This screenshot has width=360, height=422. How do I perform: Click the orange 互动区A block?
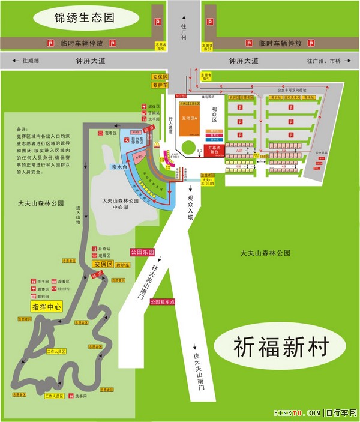tap(190, 118)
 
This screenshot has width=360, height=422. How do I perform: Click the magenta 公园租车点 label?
tap(163, 301)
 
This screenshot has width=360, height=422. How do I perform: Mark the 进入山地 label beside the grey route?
tap(78, 216)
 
